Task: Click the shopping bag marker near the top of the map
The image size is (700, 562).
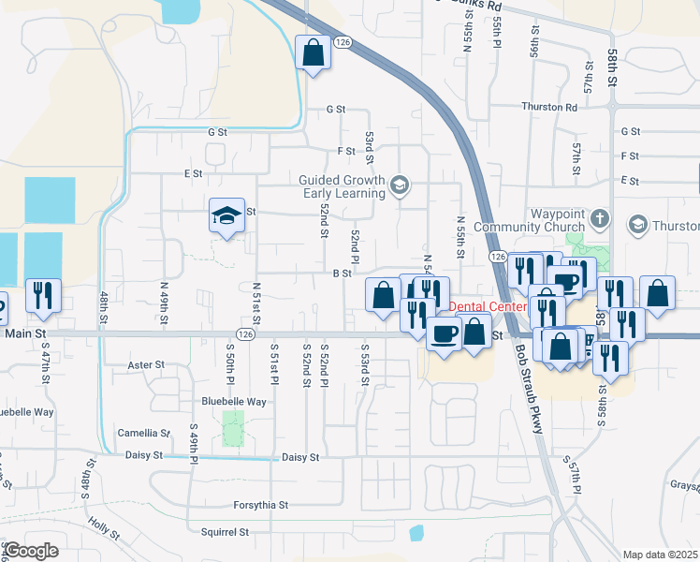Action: coord(314,52)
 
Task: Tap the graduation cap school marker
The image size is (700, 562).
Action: coord(226,216)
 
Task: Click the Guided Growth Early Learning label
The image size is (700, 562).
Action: coord(342,186)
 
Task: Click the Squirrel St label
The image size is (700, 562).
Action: coord(224,532)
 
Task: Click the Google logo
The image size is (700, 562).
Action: coord(31,550)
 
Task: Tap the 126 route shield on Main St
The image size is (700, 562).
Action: coord(246,333)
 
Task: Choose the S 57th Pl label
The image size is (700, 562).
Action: coord(573,476)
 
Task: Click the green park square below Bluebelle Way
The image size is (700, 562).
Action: coord(232,427)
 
